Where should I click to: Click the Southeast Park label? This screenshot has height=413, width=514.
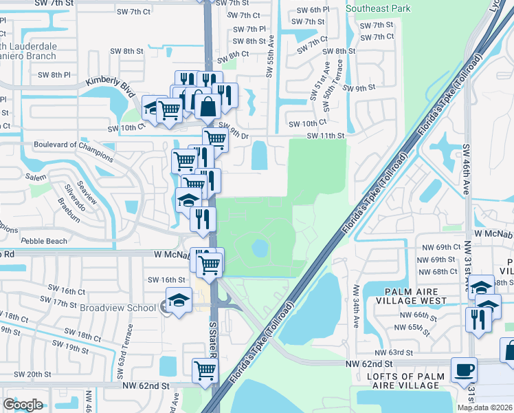(378, 8)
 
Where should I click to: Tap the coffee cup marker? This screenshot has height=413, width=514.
(465, 370)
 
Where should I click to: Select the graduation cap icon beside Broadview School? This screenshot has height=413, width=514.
(179, 300)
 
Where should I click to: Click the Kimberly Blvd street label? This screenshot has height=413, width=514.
(108, 87)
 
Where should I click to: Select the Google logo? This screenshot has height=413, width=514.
(23, 405)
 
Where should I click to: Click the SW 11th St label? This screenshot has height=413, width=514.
(324, 136)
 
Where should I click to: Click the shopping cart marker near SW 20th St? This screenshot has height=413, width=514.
(205, 370)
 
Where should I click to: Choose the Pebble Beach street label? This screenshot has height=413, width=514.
(45, 241)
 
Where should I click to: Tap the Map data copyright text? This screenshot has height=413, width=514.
(484, 407)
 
